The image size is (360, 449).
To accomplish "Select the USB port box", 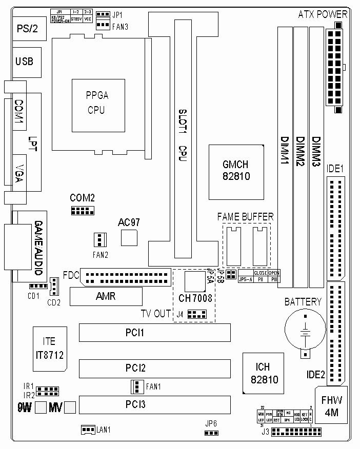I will point(25,62).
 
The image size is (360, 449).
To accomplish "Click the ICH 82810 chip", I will point(262,373).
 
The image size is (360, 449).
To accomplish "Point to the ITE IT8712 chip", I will point(49,349).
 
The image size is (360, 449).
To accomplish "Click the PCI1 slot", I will point(154,333).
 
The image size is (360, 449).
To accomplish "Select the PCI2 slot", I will point(154,368).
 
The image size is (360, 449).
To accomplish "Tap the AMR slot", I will point(106,297).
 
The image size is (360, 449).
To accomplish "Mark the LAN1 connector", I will point(88,430).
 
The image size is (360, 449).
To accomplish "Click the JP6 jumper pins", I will point(210,433).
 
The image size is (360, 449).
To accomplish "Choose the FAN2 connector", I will point(99,239).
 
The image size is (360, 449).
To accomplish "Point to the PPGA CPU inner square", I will point(97,104).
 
